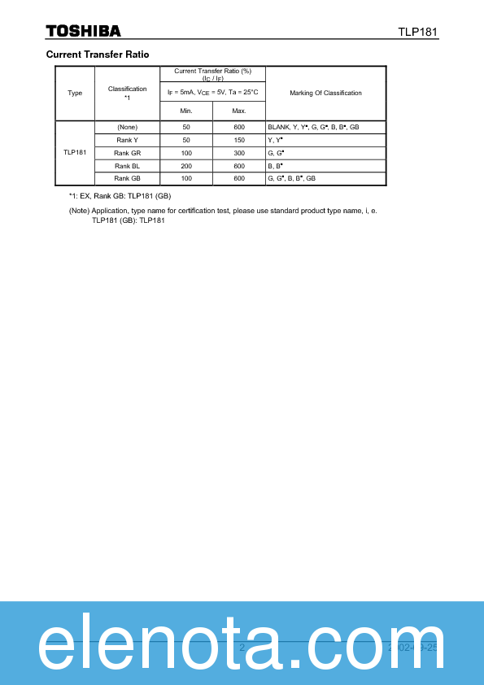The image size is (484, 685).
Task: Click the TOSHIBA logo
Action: pyautogui.click(x=83, y=31)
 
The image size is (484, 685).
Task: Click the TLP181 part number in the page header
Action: pyautogui.click(x=418, y=32)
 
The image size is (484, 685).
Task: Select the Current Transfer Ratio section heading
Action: pyautogui.click(x=98, y=54)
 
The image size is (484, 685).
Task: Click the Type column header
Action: pyautogui.click(x=75, y=93)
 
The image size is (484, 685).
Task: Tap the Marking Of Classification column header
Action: pyautogui.click(x=325, y=93)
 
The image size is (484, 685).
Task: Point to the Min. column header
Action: pyautogui.click(x=186, y=111)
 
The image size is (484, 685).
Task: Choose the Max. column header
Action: pyautogui.click(x=238, y=111)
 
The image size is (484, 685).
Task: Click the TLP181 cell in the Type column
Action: pyautogui.click(x=75, y=153)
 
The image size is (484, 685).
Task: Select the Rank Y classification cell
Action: pyautogui.click(x=127, y=140)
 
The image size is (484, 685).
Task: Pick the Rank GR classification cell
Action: pyautogui.click(x=127, y=153)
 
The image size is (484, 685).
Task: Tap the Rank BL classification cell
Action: pyautogui.click(x=127, y=165)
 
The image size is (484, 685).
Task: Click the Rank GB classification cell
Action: pyautogui.click(x=127, y=178)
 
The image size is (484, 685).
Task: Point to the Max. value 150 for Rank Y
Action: pyautogui.click(x=238, y=140)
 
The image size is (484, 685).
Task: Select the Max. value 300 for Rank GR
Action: pyautogui.click(x=238, y=153)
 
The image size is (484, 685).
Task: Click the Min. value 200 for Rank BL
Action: pyautogui.click(x=186, y=165)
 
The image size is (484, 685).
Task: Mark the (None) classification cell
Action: pyautogui.click(x=127, y=127)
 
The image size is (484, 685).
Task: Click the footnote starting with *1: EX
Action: pyautogui.click(x=120, y=196)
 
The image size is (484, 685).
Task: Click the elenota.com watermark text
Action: pyautogui.click(x=241, y=646)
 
